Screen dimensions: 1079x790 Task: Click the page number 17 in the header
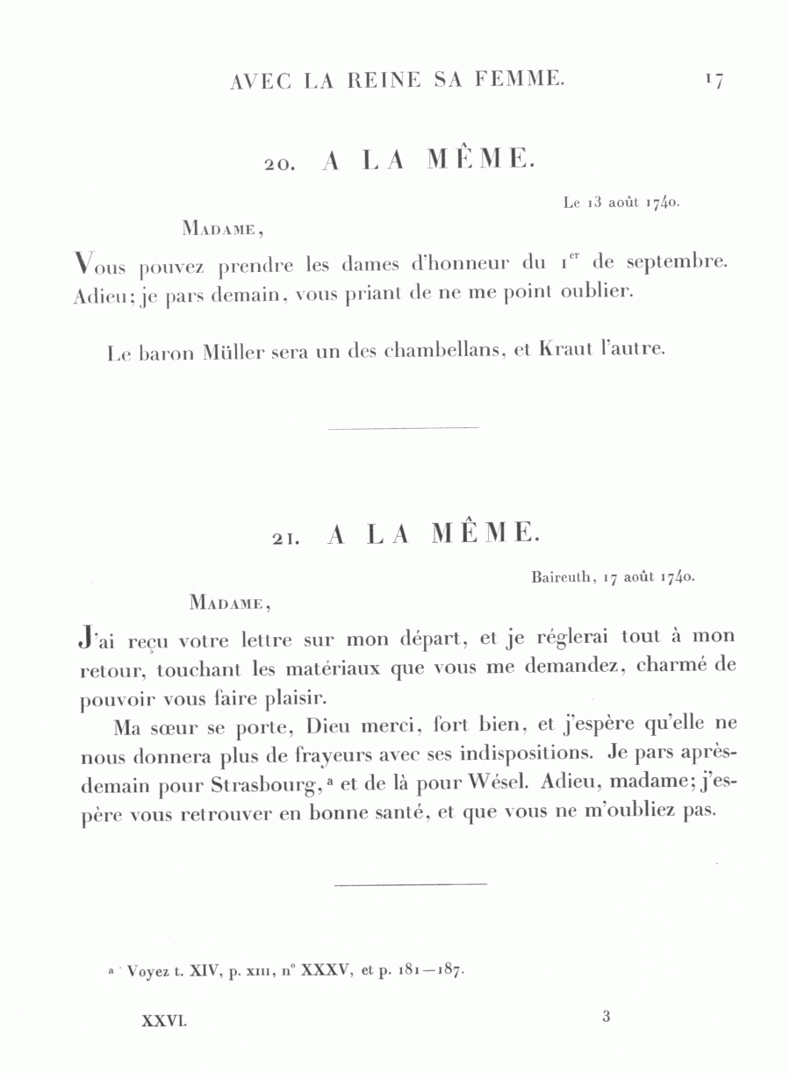click(713, 81)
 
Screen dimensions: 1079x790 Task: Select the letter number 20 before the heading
click(284, 164)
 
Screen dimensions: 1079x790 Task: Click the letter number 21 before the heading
click(286, 539)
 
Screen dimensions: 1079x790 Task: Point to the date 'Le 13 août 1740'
click(621, 203)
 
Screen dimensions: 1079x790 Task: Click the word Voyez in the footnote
click(147, 971)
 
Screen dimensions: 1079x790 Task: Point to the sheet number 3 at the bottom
click(606, 1018)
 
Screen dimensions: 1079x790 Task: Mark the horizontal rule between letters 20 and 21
click(403, 428)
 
